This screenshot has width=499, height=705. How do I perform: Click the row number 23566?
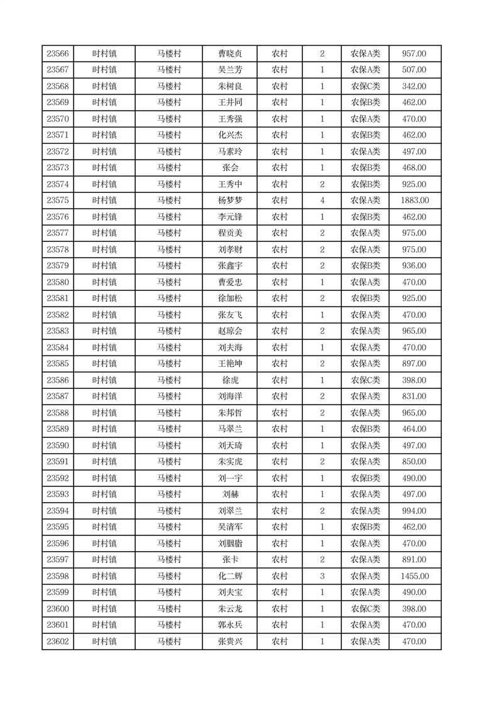(58, 54)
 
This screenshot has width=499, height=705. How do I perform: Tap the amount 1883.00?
(415, 200)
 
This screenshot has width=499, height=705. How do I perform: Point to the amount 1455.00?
(415, 576)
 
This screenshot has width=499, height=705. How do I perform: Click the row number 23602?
(58, 642)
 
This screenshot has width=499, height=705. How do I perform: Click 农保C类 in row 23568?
(365, 87)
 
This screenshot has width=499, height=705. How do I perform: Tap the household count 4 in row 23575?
(322, 200)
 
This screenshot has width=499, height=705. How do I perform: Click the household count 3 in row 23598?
(322, 576)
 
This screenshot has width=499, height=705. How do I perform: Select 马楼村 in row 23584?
(169, 347)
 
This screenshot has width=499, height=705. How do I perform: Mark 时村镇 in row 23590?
(104, 445)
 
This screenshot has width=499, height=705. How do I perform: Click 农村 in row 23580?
(280, 282)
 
